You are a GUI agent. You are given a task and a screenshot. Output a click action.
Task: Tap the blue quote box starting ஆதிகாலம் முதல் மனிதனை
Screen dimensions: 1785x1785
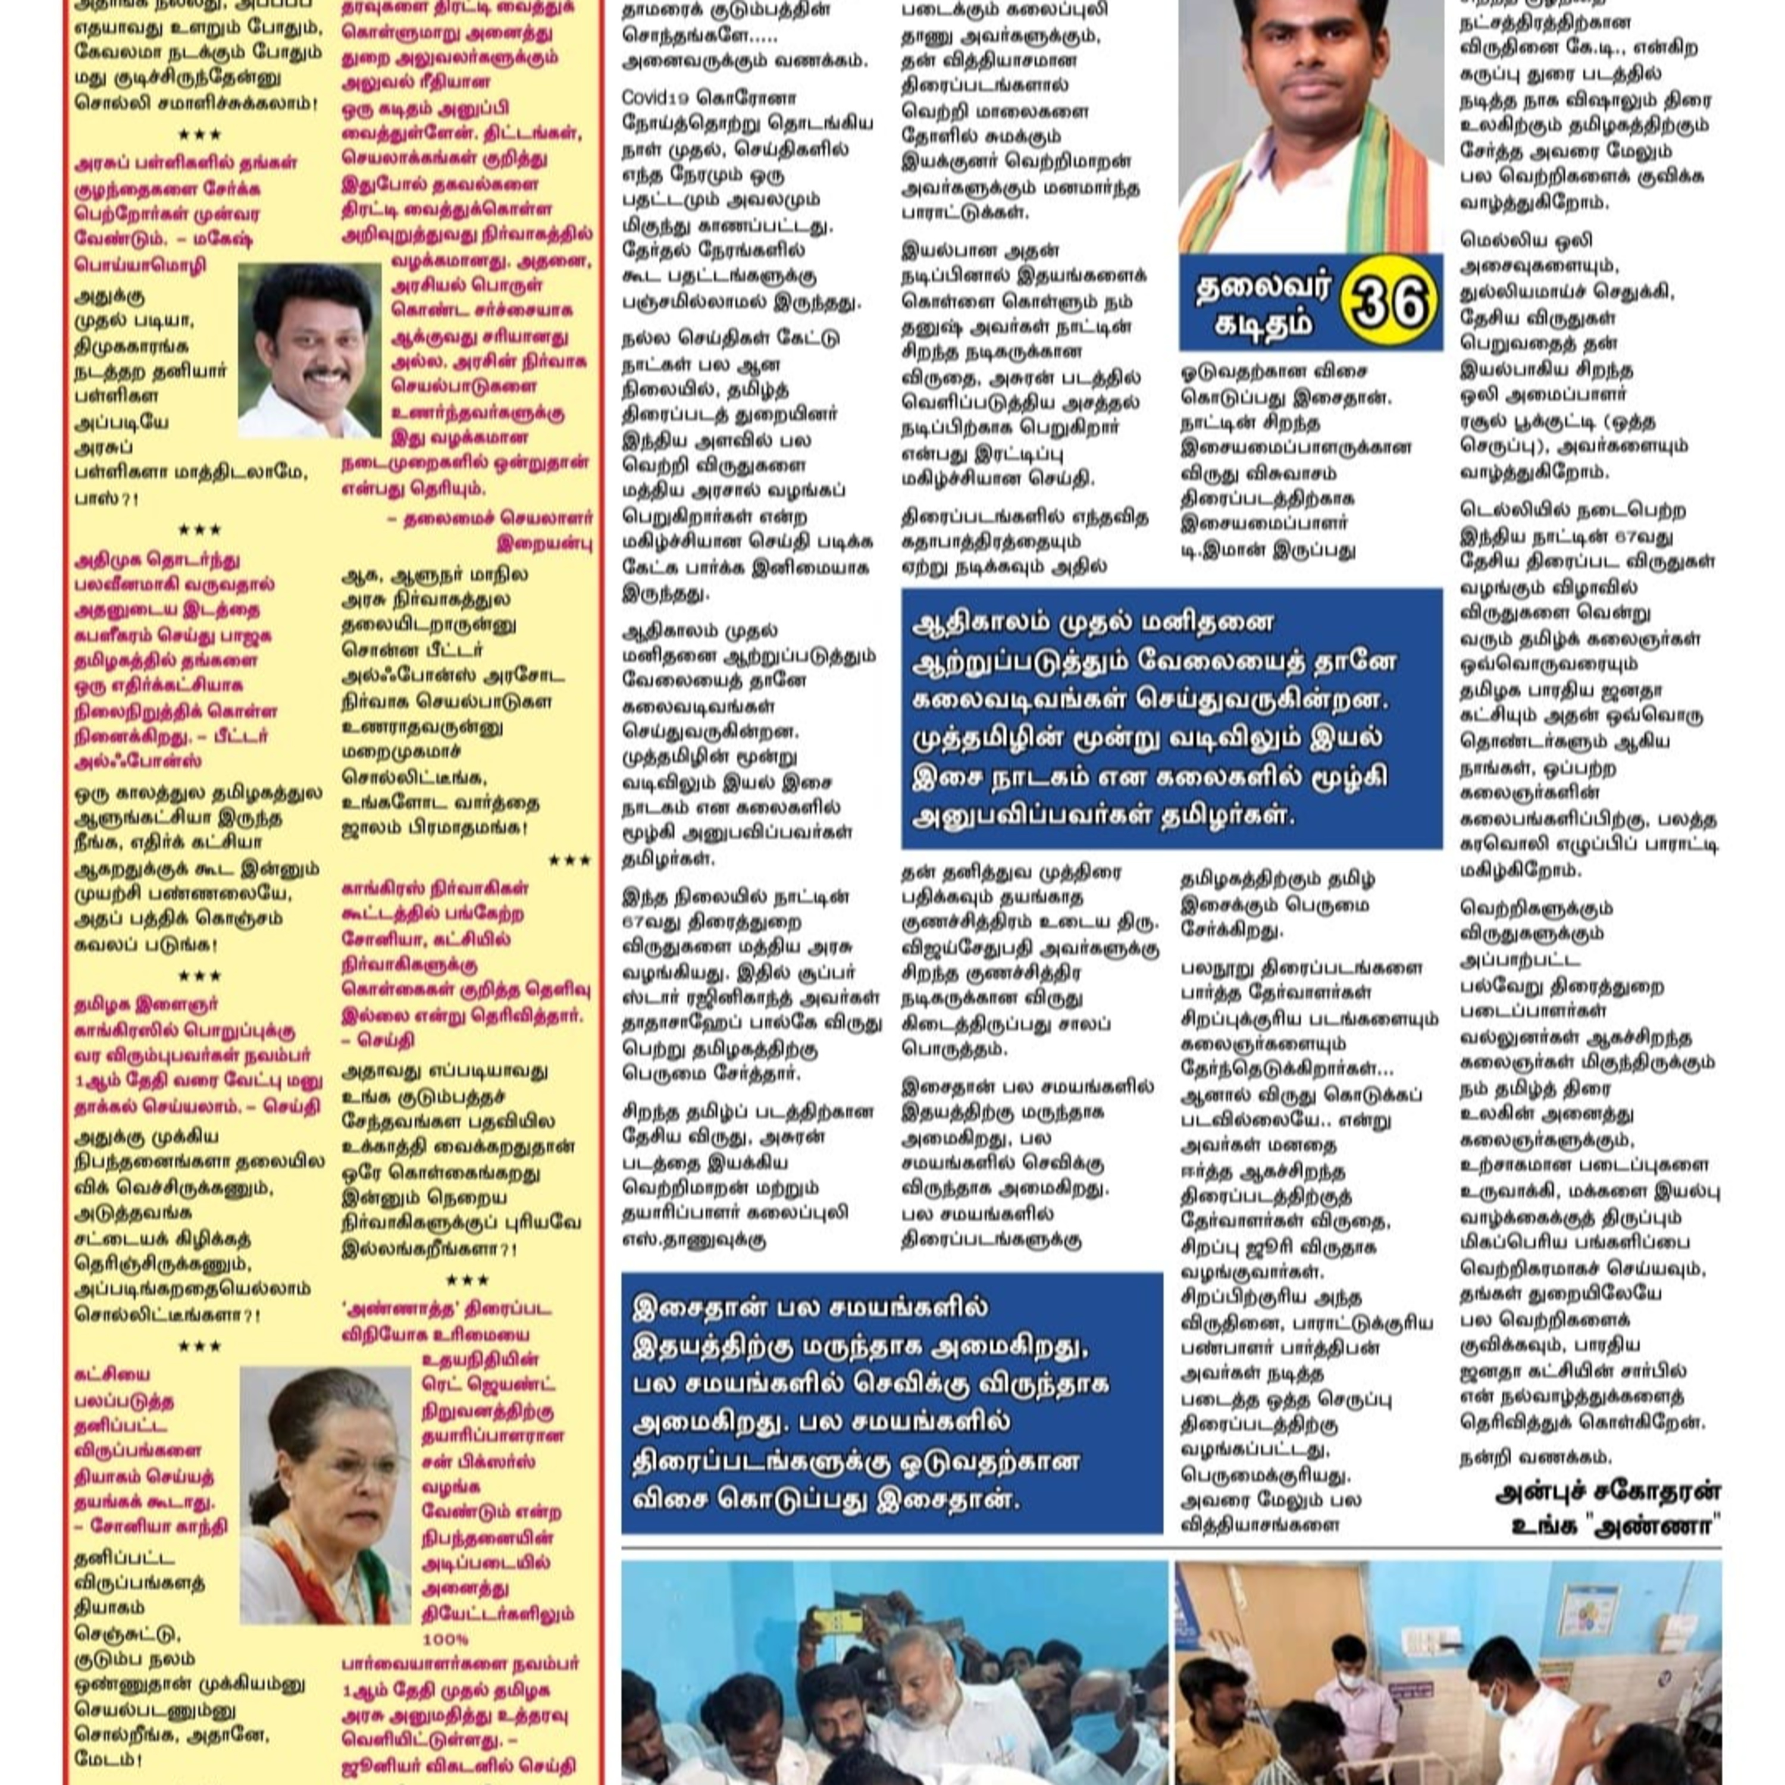point(1170,718)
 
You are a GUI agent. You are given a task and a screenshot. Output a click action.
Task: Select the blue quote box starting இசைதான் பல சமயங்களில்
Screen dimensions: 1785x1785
point(891,1402)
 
